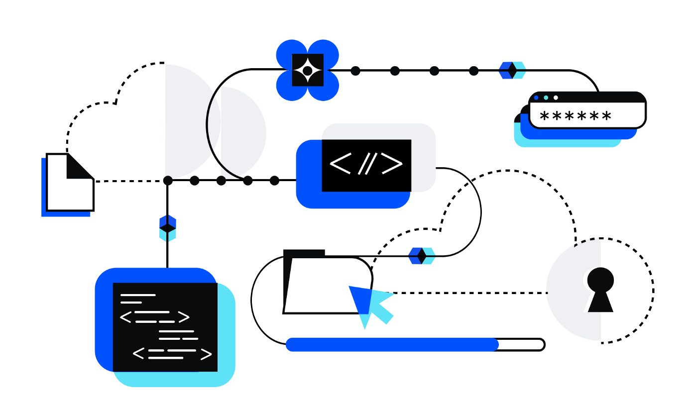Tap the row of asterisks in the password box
click(x=575, y=117)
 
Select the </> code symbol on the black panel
click(x=366, y=164)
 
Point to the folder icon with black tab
click(x=319, y=284)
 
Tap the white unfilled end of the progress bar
click(x=520, y=344)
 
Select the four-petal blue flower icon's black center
click(x=307, y=71)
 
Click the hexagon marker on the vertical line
click(x=167, y=228)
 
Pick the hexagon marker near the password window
click(x=512, y=70)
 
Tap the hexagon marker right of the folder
click(x=422, y=256)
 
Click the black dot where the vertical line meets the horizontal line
click(x=168, y=180)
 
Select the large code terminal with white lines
click(x=165, y=327)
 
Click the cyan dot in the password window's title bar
click(x=546, y=98)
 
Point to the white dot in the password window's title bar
click(x=556, y=98)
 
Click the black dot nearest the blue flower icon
click(x=355, y=71)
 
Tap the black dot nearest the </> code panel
click(x=274, y=180)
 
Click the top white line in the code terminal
click(x=138, y=295)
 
